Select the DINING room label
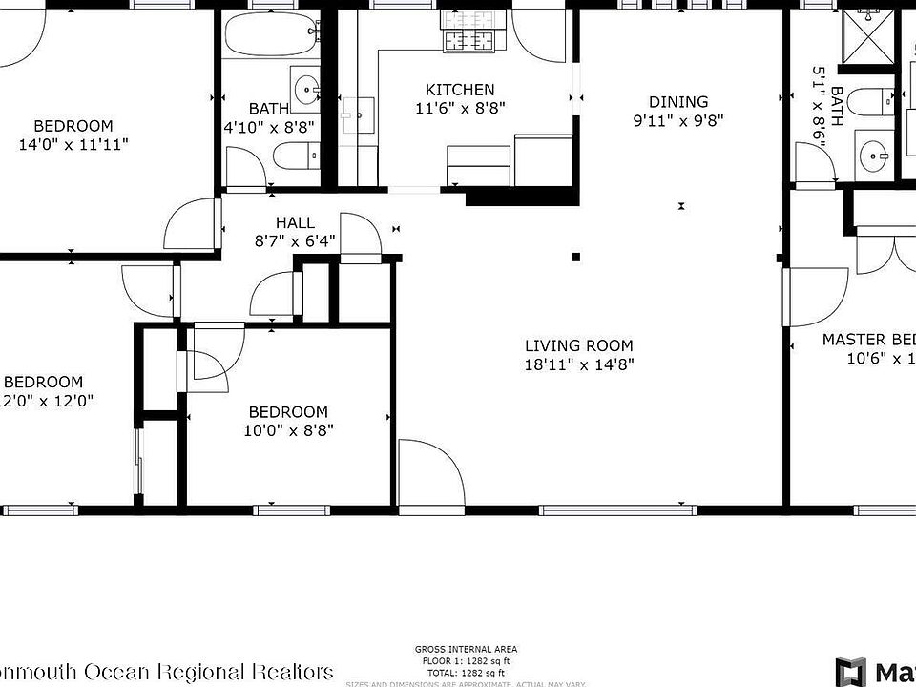pos(678,102)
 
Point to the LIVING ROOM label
pos(578,345)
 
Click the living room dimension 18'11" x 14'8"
pos(578,364)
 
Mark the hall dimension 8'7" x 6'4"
pos(295,240)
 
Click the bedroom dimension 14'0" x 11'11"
pos(73,144)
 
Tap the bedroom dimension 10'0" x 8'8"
pos(288,429)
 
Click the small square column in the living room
pos(575,257)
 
